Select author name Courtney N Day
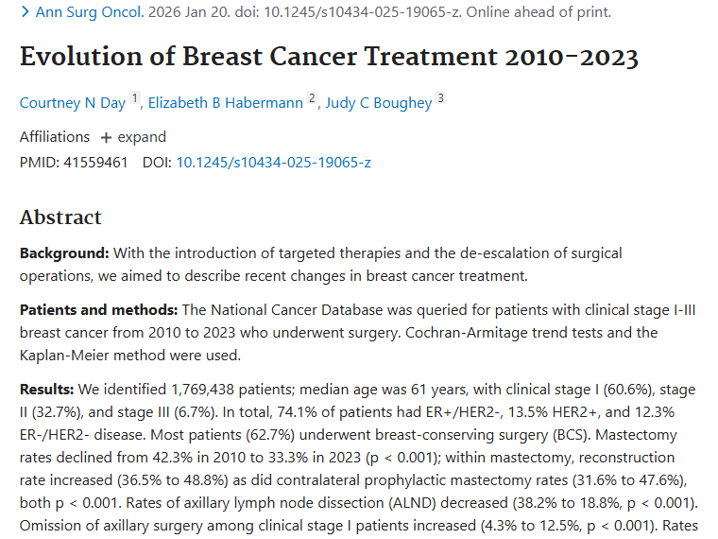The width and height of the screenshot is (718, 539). pos(73,103)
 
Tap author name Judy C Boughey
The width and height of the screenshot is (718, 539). pos(378,103)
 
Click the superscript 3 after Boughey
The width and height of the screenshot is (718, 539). pos(440,99)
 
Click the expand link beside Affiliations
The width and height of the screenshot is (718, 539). pos(133,137)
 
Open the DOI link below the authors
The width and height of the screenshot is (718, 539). pos(273,162)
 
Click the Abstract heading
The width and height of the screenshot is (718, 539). pos(60,217)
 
